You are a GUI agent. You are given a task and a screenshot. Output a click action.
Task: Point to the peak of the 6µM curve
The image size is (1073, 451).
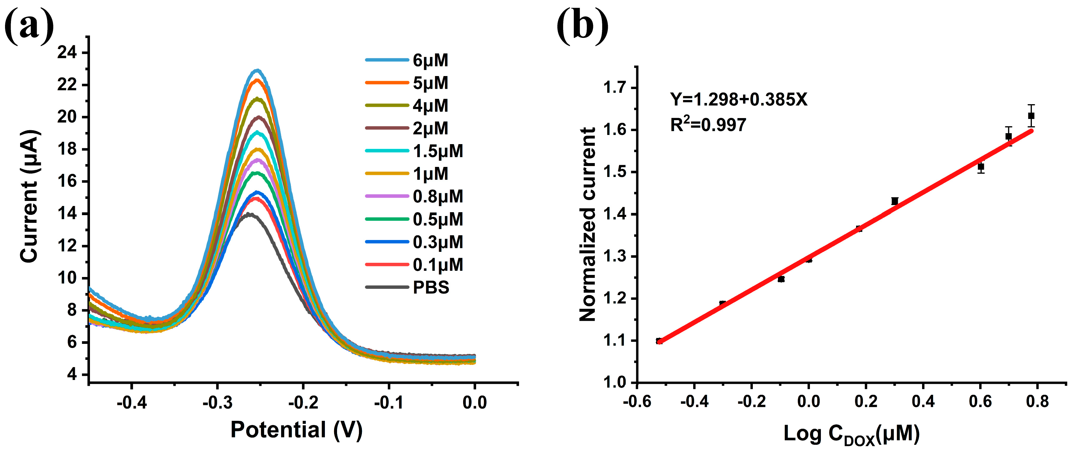(x=257, y=70)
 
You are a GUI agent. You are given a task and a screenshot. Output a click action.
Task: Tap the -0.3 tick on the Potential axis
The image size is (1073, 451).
(x=217, y=402)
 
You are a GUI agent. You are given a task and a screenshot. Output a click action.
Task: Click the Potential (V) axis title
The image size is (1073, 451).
(x=297, y=430)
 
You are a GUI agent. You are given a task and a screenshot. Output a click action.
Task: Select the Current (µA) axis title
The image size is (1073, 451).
(x=30, y=196)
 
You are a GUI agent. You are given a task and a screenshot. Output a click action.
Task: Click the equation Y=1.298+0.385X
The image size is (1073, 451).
(x=739, y=99)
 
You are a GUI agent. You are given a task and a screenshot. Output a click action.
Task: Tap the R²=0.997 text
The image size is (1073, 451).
(x=708, y=125)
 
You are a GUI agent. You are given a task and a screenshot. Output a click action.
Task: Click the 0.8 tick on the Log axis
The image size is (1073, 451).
(x=1037, y=402)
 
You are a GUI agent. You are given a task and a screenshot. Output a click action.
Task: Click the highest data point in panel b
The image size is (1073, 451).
(x=1031, y=116)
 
